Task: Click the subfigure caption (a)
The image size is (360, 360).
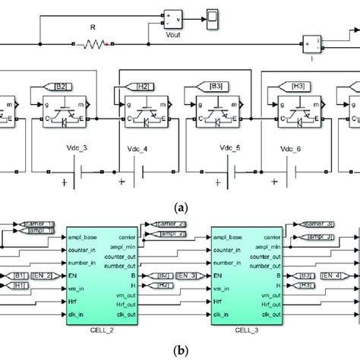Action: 180,205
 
